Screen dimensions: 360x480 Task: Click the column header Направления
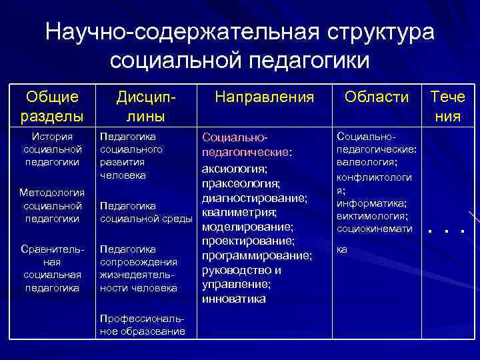coord(265,97)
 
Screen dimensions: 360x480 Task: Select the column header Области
coord(377,97)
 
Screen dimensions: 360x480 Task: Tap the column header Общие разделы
coord(52,107)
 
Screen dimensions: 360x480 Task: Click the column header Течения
coord(448,107)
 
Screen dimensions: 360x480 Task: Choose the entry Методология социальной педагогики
coord(52,205)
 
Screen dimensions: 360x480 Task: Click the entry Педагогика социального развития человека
coord(131,155)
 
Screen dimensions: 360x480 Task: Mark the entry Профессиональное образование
coord(141,325)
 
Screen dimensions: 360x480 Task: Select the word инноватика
coord(233,299)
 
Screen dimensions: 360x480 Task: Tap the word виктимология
coord(373,216)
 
